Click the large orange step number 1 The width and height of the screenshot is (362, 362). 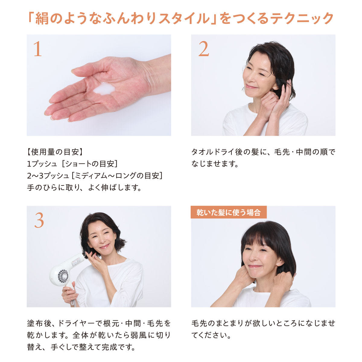tap(38, 49)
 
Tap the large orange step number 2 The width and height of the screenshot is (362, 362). tap(204, 49)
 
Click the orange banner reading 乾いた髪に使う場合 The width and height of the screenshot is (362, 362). tap(229, 212)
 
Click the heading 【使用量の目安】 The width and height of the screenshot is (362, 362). tap(55, 152)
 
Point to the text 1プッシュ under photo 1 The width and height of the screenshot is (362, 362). tap(42, 164)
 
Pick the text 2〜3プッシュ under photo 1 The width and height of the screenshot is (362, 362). tap(48, 176)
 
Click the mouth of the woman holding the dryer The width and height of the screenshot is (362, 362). tap(105, 246)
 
